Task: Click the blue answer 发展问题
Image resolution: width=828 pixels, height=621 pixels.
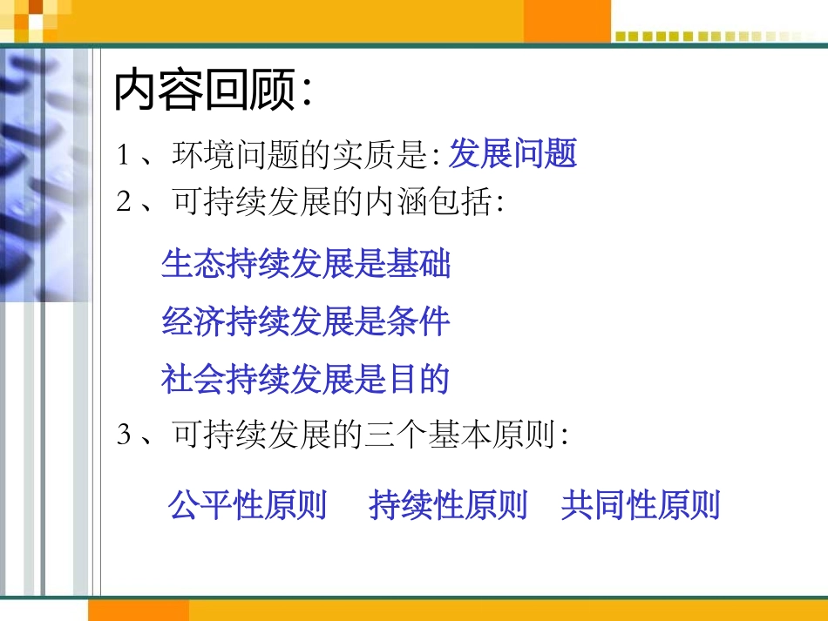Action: [x=512, y=154]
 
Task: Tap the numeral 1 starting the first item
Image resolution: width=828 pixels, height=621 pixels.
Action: [x=124, y=156]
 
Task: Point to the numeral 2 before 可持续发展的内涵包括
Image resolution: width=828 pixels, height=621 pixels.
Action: [x=124, y=202]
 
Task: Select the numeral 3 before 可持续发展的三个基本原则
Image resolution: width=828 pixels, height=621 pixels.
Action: [x=124, y=434]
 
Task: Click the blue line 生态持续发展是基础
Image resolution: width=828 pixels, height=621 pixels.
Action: [x=306, y=264]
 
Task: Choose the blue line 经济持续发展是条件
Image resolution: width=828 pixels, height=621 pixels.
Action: [x=306, y=321]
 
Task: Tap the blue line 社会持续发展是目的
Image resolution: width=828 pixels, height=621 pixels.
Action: [x=305, y=379]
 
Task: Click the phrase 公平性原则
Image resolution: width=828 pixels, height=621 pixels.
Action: [x=248, y=505]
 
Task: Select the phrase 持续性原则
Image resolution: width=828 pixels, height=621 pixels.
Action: [x=448, y=505]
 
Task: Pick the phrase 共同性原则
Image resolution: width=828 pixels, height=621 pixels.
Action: [x=641, y=505]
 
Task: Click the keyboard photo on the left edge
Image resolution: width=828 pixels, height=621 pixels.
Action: [x=44, y=174]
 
